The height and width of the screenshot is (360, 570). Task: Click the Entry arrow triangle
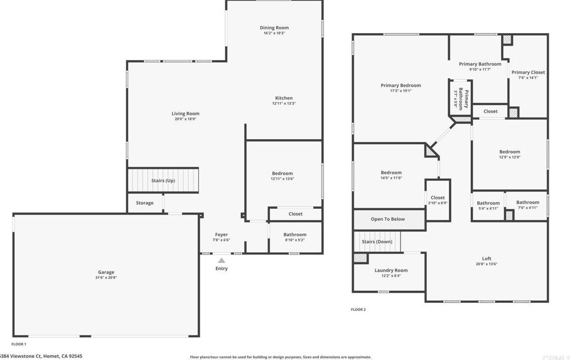(221, 260)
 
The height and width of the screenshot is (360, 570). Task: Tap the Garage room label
(105, 272)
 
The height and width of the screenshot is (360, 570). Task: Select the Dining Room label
(274, 27)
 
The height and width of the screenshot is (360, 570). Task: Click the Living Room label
(185, 114)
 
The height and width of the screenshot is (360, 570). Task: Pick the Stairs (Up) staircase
(163, 180)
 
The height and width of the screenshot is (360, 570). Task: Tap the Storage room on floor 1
(144, 203)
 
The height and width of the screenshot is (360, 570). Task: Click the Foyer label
(221, 234)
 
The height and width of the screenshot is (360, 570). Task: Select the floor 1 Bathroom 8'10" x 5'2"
(294, 237)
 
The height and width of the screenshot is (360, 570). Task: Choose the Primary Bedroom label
(401, 86)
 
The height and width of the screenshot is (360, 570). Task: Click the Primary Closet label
(528, 72)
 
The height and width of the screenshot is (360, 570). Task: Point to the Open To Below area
(388, 219)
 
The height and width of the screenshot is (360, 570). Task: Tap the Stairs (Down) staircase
(377, 242)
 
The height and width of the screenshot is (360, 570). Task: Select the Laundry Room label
(391, 270)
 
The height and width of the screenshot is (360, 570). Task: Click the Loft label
(487, 258)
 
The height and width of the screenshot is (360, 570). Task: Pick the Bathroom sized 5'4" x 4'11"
(488, 205)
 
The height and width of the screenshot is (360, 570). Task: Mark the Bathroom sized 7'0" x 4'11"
(527, 204)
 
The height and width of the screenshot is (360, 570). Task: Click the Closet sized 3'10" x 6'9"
(438, 200)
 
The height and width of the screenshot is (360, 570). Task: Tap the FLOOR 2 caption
(358, 310)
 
